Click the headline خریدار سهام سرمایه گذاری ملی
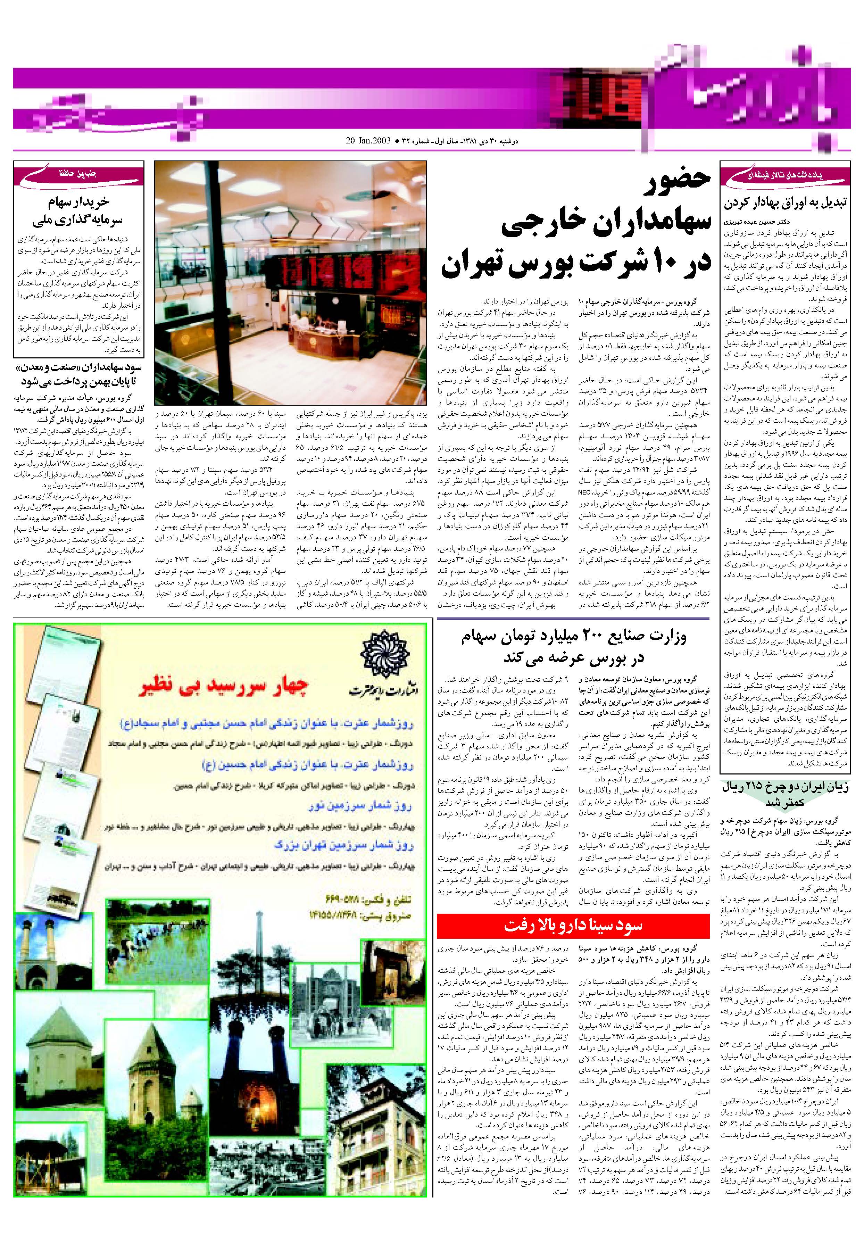(78, 210)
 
